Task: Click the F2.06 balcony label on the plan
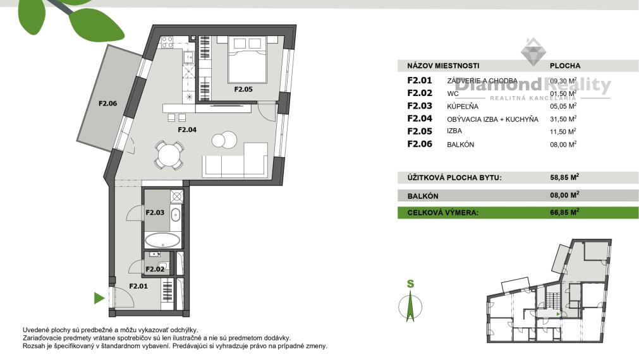point(108,104)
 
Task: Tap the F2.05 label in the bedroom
point(243,89)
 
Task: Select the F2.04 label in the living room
point(187,129)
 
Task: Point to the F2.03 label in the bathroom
point(155,212)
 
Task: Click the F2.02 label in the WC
point(155,269)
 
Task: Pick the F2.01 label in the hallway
point(139,286)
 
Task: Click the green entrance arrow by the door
point(99,298)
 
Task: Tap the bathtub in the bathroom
point(162,240)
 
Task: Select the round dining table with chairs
point(169,154)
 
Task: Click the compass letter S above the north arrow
point(410,284)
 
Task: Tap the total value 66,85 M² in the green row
point(564,213)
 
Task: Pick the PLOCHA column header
point(565,65)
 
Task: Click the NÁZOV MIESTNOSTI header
point(443,65)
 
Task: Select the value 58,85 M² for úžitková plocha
point(564,177)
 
